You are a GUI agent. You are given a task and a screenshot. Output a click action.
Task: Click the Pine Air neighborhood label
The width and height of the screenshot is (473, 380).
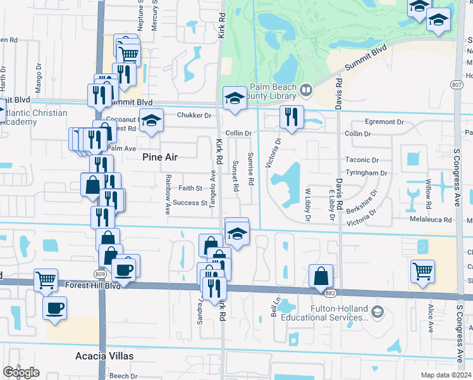pos(160,156)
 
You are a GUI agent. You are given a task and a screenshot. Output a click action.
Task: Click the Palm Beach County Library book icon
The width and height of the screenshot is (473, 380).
pos(306,91)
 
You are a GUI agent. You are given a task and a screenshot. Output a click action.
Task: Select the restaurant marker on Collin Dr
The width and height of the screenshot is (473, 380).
pos(292,117)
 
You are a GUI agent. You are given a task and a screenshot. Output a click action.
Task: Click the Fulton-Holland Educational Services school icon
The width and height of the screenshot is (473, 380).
pos(378,312)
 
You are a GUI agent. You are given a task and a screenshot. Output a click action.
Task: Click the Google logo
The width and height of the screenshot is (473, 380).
pos(21,372)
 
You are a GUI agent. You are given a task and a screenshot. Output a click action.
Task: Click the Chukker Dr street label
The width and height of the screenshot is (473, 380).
pos(194,115)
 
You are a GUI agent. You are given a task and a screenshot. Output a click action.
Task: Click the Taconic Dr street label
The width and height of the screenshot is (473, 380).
pos(362,161)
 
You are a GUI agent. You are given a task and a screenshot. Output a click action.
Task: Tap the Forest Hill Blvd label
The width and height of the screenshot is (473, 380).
pos(92,286)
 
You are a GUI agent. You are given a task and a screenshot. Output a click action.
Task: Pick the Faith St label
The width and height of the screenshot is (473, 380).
pos(190,188)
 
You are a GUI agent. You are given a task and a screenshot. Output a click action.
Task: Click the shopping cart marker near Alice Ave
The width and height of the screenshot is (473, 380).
pos(422,271)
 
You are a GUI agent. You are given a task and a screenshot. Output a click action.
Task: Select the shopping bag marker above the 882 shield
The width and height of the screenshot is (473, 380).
pos(321,275)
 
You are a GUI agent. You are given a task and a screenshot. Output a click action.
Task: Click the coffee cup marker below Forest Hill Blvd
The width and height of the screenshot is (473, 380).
pos(54,308)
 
